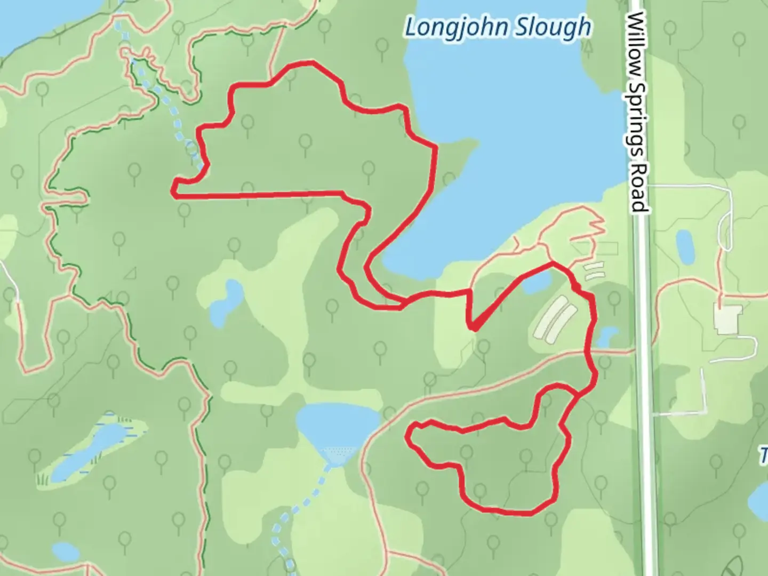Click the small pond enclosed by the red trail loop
536,283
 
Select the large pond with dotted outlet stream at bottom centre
336,424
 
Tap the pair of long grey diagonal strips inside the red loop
555,320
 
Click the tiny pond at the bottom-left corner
65,551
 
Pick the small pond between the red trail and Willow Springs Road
607,337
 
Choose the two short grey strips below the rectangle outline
594,271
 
